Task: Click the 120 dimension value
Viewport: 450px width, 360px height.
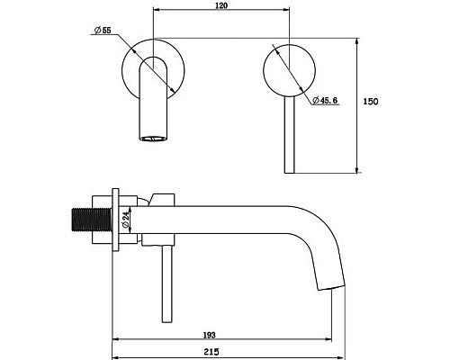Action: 221,5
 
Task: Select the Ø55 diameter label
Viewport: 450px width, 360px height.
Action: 103,31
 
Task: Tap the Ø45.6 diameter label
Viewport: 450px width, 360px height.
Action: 325,100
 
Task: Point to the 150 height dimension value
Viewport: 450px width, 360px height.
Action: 371,102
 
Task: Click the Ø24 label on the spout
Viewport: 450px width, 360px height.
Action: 125,220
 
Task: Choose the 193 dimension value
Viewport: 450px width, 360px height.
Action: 209,335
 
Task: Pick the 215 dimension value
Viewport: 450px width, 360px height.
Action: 211,352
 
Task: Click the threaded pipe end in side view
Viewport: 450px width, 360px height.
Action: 92,220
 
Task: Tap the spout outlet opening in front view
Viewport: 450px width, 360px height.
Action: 153,139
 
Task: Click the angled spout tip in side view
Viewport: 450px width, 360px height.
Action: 331,287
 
